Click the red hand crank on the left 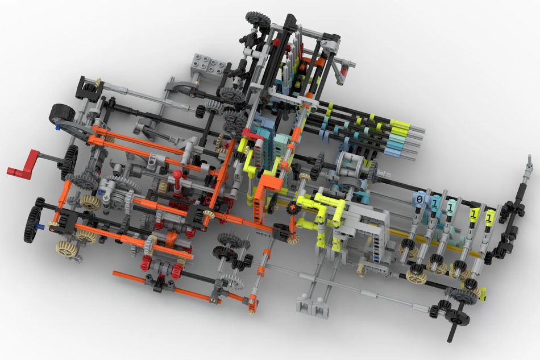pos(23,164)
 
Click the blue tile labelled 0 pos(420,199)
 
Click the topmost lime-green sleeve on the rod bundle pos(400,123)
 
